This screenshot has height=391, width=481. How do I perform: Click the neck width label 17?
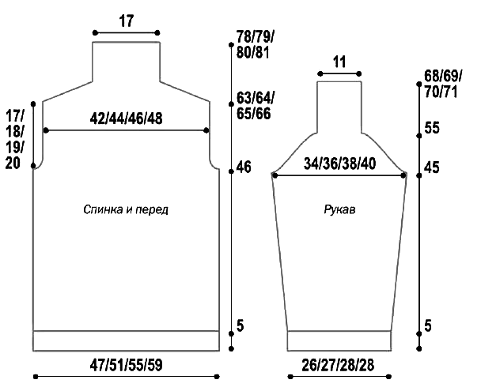point(127,21)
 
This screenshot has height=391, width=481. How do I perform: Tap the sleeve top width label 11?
point(339,62)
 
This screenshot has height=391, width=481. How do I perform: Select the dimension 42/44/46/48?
point(126,118)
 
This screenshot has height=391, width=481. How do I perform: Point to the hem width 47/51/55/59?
point(126,365)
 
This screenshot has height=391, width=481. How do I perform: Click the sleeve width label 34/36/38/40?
point(339,164)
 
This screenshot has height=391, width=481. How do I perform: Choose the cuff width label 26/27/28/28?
point(338,365)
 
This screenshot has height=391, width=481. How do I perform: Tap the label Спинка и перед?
point(126,210)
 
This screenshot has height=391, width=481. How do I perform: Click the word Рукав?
point(339,210)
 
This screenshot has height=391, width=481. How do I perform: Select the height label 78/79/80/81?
point(256,45)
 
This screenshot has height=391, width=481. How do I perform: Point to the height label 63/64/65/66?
point(254,106)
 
